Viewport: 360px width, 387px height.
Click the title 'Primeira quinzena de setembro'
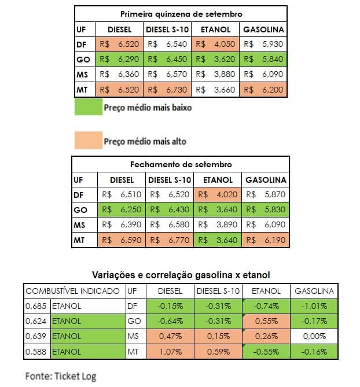point(181,13)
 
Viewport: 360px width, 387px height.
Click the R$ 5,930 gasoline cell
point(264,43)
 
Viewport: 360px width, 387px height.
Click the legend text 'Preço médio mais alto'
point(145,141)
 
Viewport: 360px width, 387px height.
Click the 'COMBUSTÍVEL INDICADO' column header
point(73,291)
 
